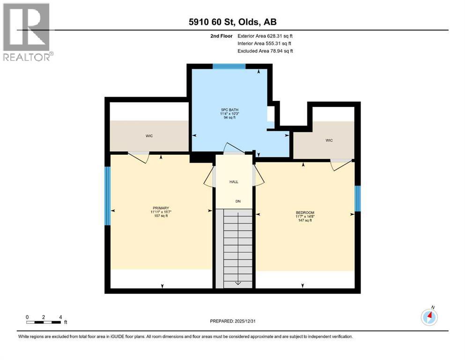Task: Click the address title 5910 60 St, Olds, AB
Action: coord(233,22)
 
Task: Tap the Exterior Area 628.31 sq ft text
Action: coord(266,36)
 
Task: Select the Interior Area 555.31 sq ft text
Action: coord(265,43)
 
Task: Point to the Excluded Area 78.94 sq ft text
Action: coord(265,51)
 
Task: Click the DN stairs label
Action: coord(238,202)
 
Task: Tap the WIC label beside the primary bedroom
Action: coord(149,136)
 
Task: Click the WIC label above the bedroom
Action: coord(329,140)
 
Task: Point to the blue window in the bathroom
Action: coord(229,66)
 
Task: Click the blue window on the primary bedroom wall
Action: coord(107,196)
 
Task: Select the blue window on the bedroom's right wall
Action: coord(357,198)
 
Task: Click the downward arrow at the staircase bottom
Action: coord(237,282)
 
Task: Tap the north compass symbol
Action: coord(429,317)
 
